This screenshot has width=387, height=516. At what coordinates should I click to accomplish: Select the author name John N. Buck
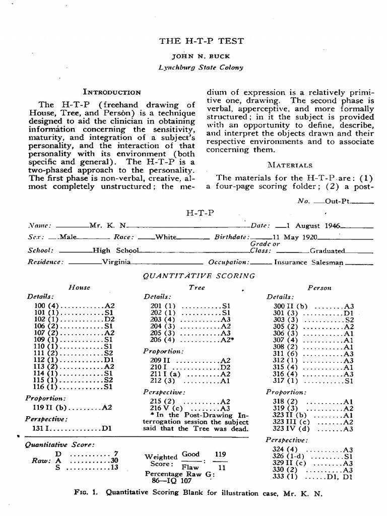tap(201, 56)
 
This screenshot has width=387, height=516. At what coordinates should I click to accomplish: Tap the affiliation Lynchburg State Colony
tap(201, 67)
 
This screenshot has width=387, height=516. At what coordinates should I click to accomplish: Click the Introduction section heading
tap(112, 92)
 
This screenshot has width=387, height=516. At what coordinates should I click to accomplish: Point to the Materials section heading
tap(290, 165)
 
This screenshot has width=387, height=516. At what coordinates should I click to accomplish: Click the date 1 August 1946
tap(312, 226)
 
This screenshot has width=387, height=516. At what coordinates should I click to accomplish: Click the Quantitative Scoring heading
tap(199, 276)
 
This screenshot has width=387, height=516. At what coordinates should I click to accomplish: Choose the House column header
tap(79, 288)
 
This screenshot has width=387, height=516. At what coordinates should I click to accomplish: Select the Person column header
tap(319, 288)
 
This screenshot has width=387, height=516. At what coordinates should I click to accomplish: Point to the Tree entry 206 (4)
tap(163, 340)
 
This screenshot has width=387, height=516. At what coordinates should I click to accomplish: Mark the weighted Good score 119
tap(220, 454)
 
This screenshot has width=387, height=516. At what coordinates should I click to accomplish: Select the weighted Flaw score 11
tap(220, 467)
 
